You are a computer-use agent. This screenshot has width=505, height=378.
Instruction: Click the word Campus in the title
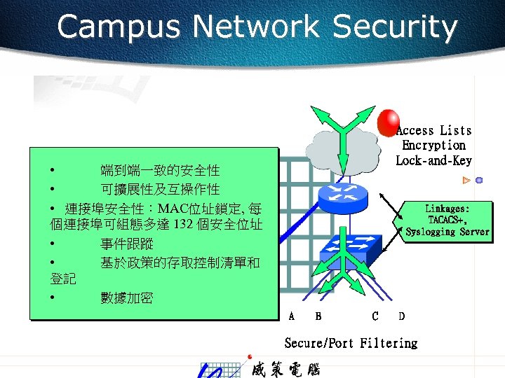[119, 27]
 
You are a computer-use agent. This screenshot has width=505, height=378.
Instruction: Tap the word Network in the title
[256, 27]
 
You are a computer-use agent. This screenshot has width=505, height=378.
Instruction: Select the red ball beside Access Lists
[388, 123]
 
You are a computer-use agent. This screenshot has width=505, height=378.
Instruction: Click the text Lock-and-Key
[433, 160]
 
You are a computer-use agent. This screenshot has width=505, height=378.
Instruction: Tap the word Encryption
[433, 146]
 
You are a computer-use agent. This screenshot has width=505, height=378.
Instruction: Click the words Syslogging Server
[447, 232]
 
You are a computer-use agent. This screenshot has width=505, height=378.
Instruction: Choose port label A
[292, 316]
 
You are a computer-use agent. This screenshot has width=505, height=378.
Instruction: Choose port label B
[318, 316]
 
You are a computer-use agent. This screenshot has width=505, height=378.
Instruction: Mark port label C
[375, 316]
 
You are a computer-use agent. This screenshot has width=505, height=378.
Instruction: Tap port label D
[401, 316]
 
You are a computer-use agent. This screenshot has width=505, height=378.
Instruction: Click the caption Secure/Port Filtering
[351, 343]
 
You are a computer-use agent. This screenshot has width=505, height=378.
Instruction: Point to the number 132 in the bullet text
[183, 224]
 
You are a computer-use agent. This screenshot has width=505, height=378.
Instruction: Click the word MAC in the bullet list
[173, 208]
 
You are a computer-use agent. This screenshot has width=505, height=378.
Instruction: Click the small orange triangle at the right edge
[466, 181]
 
